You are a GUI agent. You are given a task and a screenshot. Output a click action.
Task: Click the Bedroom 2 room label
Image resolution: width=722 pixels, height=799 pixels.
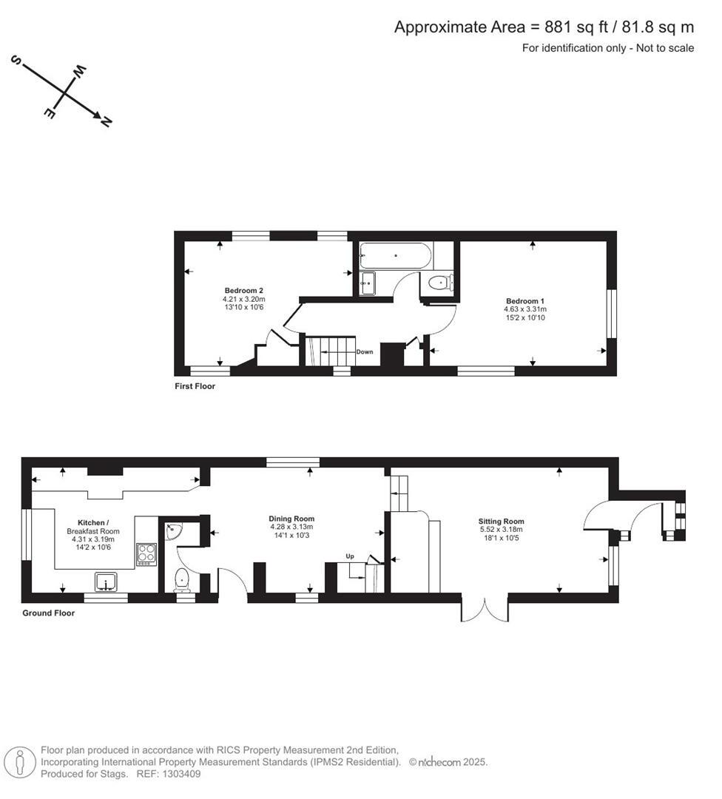click(244, 291)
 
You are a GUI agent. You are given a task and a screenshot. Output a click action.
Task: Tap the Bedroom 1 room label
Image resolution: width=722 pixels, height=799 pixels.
click(525, 301)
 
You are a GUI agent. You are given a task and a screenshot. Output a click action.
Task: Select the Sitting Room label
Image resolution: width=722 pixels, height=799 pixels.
click(501, 522)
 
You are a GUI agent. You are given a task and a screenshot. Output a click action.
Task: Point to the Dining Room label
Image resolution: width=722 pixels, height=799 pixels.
click(291, 519)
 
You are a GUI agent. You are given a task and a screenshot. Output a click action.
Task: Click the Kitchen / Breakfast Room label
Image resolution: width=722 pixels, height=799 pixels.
click(93, 523)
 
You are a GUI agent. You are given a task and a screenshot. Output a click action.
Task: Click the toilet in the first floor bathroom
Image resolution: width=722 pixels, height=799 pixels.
click(441, 282)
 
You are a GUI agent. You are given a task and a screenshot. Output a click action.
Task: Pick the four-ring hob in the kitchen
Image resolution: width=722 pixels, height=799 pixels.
click(146, 554)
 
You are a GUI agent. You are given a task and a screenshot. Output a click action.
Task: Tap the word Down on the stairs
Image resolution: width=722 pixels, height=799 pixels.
click(365, 352)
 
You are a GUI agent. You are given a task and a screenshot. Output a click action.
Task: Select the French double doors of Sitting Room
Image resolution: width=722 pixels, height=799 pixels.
click(485, 608)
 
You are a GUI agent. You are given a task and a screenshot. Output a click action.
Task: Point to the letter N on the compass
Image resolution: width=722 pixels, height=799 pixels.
click(106, 122)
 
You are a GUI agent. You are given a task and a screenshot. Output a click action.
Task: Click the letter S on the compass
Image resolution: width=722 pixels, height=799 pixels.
click(14, 61)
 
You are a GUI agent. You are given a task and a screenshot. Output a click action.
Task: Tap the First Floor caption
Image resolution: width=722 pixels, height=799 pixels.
click(195, 386)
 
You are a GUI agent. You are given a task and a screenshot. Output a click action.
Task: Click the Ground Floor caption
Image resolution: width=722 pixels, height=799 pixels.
click(48, 613)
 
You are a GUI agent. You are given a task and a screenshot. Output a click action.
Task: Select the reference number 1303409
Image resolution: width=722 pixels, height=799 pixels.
click(182, 774)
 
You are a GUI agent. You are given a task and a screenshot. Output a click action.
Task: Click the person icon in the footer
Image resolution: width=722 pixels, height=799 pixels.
click(21, 762)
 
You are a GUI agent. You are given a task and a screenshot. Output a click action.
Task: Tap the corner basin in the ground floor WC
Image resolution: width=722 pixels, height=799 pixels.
click(172, 530)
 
